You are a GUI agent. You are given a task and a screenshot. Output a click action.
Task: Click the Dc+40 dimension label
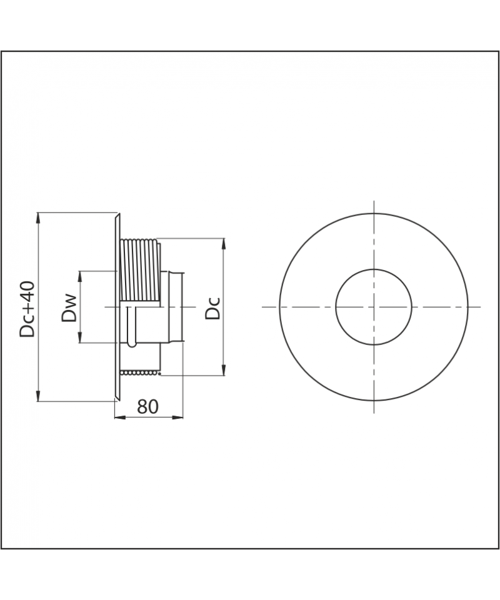(x=28, y=309)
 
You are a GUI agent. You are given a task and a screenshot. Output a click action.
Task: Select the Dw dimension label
(x=69, y=308)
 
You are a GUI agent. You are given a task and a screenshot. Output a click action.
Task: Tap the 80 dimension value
(x=147, y=407)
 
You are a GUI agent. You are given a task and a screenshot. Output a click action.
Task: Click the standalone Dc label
(x=212, y=307)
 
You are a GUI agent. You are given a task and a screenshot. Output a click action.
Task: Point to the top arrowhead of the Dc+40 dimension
(x=38, y=217)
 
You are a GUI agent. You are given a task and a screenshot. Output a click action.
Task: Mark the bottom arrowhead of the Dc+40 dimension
(x=38, y=396)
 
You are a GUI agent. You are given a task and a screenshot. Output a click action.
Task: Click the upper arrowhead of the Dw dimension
(x=80, y=276)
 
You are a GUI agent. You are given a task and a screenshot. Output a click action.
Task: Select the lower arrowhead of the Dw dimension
(x=80, y=337)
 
